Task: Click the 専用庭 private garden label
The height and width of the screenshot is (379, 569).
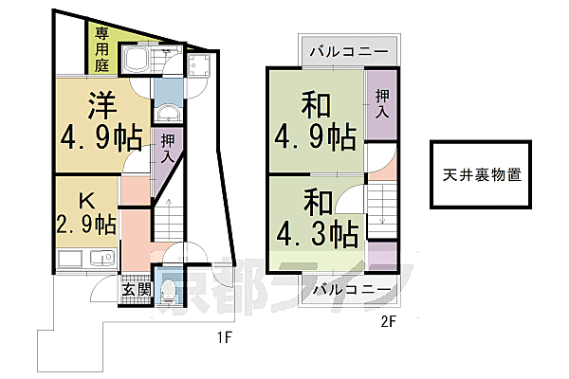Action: (102, 50)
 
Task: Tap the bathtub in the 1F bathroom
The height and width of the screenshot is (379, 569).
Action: (136, 59)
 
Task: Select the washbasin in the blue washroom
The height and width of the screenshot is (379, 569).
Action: (168, 114)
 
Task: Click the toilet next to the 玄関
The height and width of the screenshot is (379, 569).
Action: (168, 291)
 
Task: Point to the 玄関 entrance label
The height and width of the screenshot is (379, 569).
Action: (137, 289)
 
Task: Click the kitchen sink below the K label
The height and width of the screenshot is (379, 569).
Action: (102, 259)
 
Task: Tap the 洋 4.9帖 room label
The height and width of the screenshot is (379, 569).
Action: (101, 121)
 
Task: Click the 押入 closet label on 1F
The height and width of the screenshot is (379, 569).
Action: (167, 148)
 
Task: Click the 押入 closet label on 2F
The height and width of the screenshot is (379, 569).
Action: (382, 104)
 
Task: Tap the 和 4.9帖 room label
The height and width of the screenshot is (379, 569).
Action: (315, 121)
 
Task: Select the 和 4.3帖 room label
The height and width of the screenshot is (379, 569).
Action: (317, 219)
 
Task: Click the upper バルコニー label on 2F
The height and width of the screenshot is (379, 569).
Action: (349, 51)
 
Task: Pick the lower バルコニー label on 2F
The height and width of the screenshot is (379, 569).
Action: (353, 290)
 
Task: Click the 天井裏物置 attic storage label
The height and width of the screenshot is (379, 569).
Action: (482, 174)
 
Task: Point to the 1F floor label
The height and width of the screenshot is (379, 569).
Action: (224, 338)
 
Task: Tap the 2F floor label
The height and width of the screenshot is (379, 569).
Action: (388, 322)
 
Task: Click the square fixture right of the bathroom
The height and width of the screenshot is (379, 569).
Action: (198, 65)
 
